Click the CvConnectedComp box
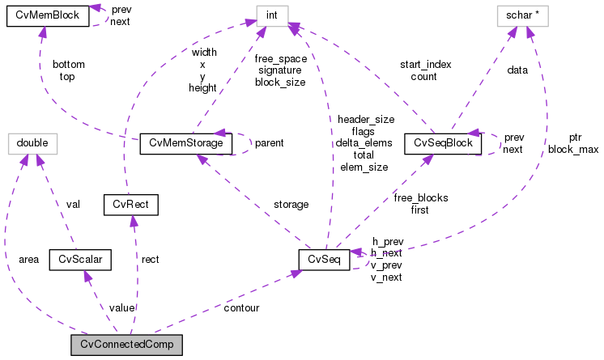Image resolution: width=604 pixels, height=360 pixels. tap(126, 345)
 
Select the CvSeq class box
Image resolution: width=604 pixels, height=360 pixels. tap(324, 259)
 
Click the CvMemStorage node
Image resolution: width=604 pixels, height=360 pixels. tap(186, 143)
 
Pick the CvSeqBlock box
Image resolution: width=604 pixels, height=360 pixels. tap(438, 143)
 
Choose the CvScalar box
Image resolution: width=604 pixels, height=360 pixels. tap(79, 259)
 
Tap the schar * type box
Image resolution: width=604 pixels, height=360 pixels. tap(527, 15)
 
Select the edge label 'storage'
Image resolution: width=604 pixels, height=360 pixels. tap(291, 205)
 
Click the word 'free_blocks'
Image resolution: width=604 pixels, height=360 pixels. tap(420, 197)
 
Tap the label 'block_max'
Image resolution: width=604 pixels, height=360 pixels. tap(573, 150)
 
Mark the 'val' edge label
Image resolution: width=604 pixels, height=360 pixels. tap(74, 205)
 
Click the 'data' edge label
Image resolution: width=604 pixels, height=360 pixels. tap(517, 70)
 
